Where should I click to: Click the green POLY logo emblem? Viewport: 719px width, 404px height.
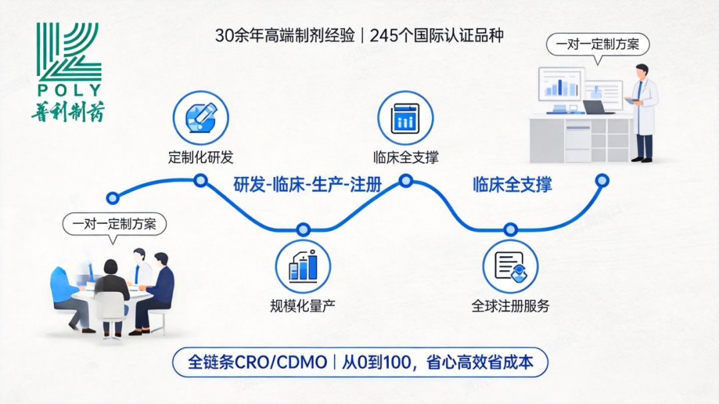tap(69, 53)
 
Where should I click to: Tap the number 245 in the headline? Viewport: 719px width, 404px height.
tap(383, 35)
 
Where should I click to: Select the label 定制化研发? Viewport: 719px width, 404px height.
tap(200, 158)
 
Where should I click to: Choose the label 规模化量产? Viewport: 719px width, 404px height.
tap(303, 306)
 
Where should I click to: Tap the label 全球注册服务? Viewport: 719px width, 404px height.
tap(511, 307)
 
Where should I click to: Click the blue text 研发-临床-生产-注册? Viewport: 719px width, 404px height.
tap(308, 185)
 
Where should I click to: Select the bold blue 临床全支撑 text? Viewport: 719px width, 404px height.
tap(513, 185)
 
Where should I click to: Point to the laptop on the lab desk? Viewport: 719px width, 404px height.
tap(598, 106)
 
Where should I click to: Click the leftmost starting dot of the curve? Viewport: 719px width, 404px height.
tap(113, 198)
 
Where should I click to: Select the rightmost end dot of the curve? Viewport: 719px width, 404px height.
tap(602, 180)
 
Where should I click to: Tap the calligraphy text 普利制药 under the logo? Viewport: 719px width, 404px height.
tap(67, 110)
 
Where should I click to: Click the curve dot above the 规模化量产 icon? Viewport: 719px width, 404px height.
tap(304, 230)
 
